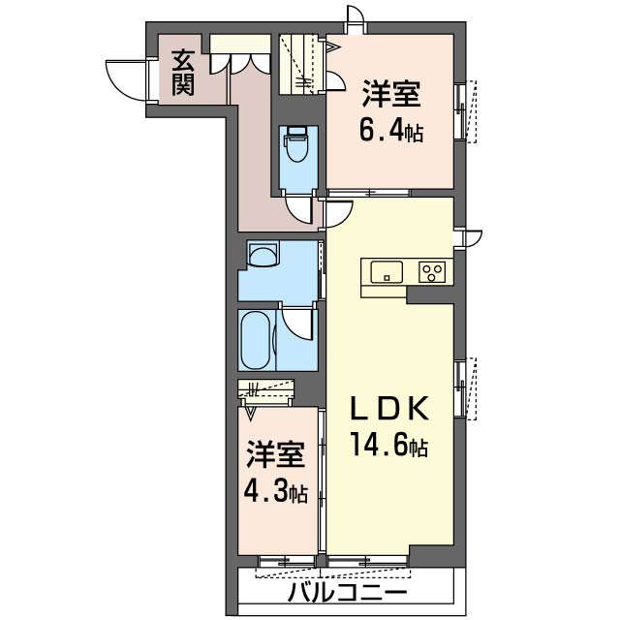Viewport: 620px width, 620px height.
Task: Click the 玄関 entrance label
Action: click(x=183, y=74)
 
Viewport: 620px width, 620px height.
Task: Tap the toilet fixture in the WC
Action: click(x=296, y=144)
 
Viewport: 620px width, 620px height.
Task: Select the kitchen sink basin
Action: click(x=387, y=271)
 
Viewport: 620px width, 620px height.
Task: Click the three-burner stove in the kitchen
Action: click(x=432, y=272)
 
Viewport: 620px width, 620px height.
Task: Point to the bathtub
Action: click(x=256, y=340)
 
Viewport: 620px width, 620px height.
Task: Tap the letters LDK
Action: click(x=389, y=409)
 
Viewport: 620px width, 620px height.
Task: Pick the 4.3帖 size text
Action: click(x=275, y=491)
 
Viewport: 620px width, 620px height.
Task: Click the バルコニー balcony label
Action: click(x=347, y=592)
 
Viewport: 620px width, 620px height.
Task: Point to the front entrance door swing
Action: click(x=127, y=80)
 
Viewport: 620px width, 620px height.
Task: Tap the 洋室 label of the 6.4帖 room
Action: click(x=391, y=94)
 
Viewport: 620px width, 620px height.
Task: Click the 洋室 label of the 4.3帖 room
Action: click(x=276, y=454)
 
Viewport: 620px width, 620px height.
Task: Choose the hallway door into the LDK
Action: click(x=337, y=214)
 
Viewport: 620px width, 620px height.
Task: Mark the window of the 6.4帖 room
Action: click(x=465, y=111)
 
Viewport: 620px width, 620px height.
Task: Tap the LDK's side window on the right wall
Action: click(x=465, y=388)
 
